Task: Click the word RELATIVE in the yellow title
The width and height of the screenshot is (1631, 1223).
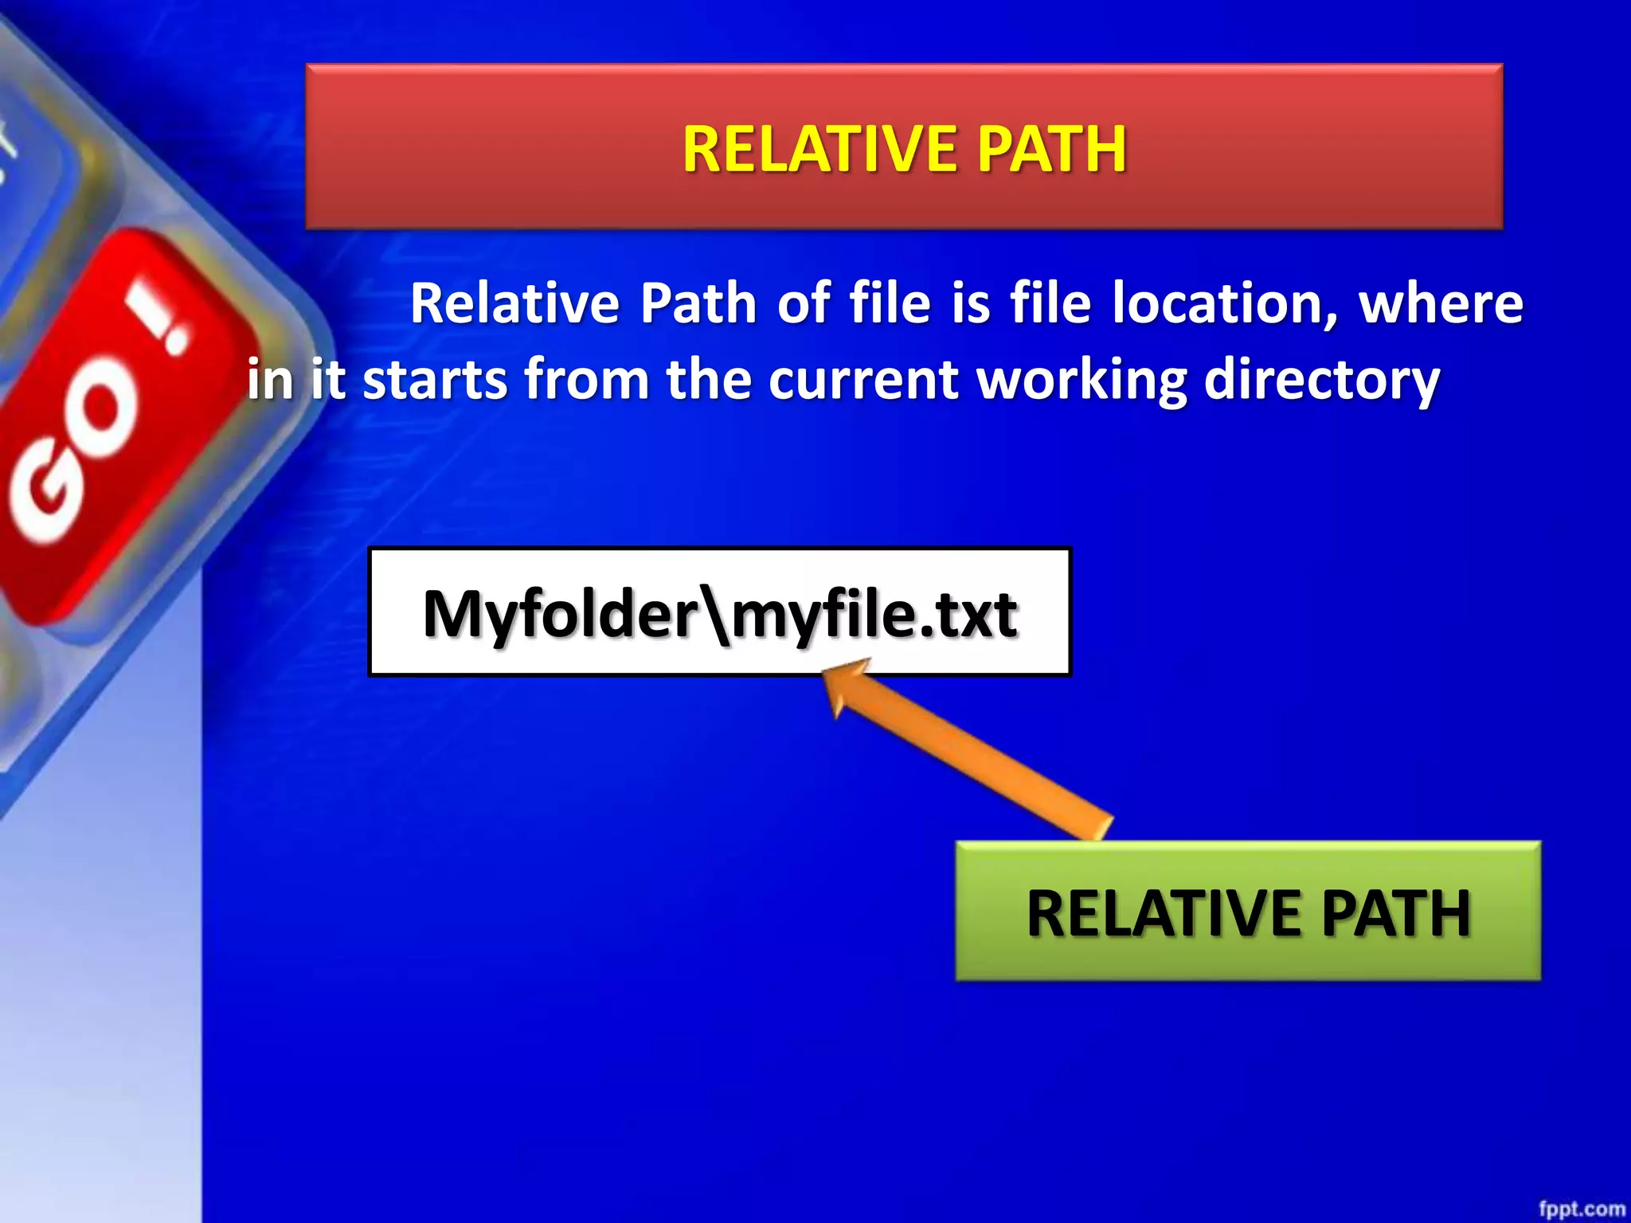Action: pos(821,149)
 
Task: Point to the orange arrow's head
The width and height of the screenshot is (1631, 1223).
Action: pos(841,681)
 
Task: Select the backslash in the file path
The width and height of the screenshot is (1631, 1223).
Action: pos(717,615)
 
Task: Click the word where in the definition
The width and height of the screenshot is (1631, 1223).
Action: pos(1441,304)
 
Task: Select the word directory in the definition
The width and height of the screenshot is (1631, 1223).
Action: pos(1321,380)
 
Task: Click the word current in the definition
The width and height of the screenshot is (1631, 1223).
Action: pos(863,380)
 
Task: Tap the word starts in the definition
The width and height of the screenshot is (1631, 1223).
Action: pos(434,380)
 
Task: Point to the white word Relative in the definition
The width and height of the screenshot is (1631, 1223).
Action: pos(514,304)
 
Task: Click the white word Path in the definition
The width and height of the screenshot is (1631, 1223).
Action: pos(698,304)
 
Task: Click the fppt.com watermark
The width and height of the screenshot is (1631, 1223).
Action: pos(1581,1209)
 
